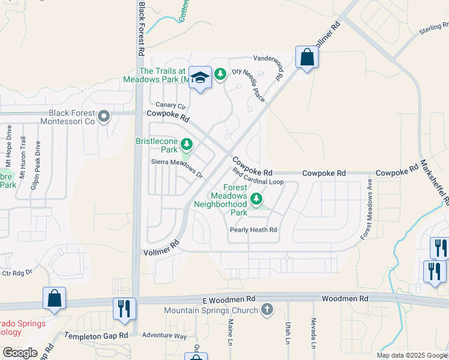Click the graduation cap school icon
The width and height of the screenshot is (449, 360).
coord(200,77)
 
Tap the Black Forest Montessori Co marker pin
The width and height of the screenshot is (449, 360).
coord(104,116)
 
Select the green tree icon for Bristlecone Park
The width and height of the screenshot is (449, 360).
coord(187,144)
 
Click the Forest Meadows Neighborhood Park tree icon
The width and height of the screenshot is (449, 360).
coord(257,198)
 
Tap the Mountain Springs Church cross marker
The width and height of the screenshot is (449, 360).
coord(267,310)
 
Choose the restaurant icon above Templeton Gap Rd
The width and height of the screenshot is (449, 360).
coord(124,308)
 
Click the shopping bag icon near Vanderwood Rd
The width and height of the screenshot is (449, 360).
coord(307,58)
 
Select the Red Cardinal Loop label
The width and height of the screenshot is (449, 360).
coord(259,178)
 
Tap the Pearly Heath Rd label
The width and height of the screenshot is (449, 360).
coord(253,230)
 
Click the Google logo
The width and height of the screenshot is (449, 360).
coord(20,353)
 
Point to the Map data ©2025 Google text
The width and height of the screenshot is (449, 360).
coord(411,355)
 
